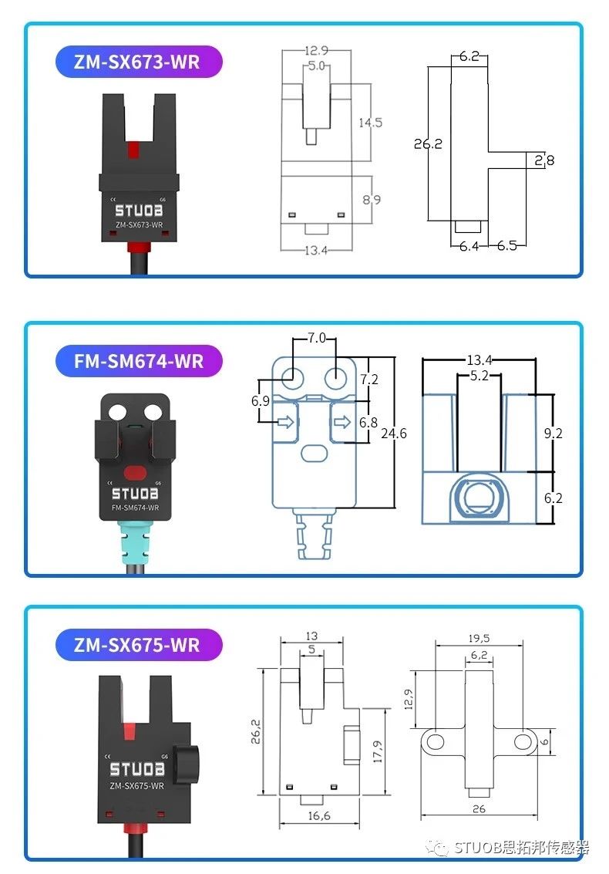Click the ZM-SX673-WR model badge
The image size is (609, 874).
point(139,62)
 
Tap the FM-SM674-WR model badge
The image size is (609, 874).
point(139,360)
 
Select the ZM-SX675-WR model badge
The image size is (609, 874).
point(139,644)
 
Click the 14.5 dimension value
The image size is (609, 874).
point(370,122)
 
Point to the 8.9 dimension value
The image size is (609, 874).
point(371,199)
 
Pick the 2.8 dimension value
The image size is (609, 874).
point(544,160)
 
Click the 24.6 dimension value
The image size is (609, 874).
point(393,433)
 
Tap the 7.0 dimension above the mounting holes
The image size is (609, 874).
point(317,338)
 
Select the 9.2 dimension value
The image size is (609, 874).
point(553,433)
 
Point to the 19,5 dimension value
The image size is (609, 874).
point(478,638)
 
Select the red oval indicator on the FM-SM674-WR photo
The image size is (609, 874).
point(135,471)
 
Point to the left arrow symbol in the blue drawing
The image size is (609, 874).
point(285,422)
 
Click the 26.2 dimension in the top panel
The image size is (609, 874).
point(428,143)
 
